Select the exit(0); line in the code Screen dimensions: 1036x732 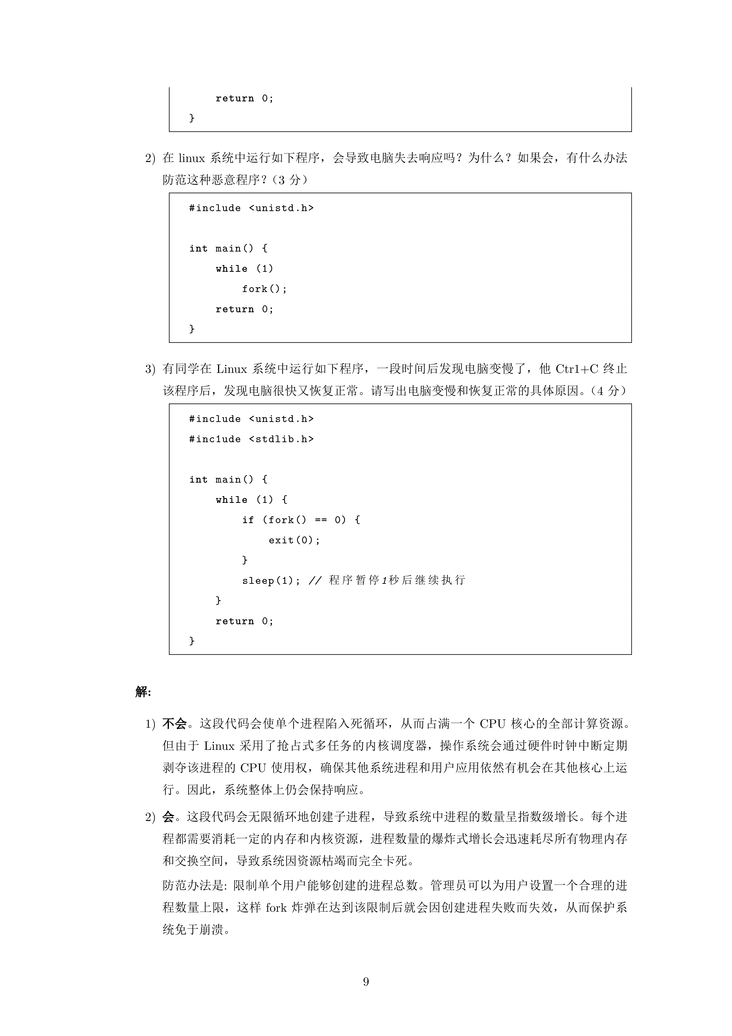294,540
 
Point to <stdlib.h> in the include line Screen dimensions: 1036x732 281,439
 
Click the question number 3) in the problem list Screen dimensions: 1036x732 150,369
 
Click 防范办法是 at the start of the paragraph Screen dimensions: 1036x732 193,885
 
